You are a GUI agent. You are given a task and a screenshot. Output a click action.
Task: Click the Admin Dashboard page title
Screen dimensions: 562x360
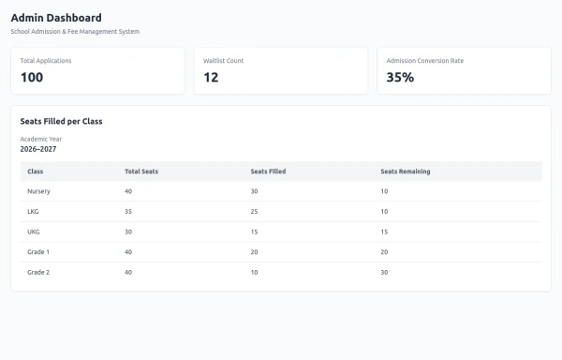coord(56,18)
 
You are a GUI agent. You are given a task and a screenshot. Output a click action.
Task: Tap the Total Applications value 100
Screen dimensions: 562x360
coord(32,78)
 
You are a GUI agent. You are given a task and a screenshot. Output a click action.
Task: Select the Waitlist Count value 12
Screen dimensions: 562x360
coord(211,78)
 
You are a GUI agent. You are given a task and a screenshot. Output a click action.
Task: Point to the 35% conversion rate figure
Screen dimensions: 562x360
coord(400,78)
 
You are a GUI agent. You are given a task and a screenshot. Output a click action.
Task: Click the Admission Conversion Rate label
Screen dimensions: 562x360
coord(425,61)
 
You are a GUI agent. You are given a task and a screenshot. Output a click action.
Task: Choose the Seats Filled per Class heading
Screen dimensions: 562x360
coord(61,122)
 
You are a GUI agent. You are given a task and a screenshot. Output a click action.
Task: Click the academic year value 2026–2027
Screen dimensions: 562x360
coord(38,149)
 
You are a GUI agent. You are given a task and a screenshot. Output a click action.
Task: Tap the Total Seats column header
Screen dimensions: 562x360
coord(141,172)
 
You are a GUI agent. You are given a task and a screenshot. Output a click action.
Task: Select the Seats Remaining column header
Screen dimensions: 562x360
coord(406,172)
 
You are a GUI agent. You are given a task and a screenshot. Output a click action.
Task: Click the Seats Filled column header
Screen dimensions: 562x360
coord(269,172)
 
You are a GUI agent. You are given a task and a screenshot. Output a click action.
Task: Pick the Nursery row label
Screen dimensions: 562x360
coord(38,191)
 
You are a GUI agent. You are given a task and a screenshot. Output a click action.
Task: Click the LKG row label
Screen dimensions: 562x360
coord(33,212)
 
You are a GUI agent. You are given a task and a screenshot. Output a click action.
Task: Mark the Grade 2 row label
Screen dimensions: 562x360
coord(38,273)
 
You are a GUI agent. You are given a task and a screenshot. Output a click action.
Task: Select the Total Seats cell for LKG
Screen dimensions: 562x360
coord(128,212)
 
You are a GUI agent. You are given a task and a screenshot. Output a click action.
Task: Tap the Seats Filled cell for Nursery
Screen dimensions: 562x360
coord(255,191)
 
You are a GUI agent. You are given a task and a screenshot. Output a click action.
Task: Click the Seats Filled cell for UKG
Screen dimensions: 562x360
coord(255,232)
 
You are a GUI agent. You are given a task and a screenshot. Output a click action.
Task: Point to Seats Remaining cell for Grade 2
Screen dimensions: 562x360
coord(385,273)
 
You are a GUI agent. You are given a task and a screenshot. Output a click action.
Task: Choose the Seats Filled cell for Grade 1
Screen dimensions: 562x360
coord(255,252)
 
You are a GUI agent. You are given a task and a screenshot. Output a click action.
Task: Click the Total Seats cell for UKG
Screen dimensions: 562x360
coord(128,232)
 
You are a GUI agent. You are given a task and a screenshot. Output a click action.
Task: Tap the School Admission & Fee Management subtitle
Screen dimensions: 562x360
coord(75,32)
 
